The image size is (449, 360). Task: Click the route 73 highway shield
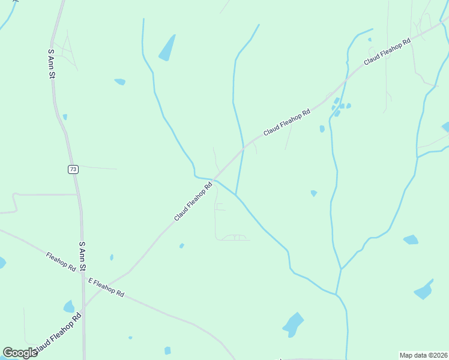click(73, 170)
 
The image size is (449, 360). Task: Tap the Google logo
click(20, 352)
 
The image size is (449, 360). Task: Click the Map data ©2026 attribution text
click(423, 355)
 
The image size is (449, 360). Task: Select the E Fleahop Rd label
click(106, 287)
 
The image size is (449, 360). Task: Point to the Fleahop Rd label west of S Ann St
click(61, 261)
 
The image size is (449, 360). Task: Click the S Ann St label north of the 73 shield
click(52, 64)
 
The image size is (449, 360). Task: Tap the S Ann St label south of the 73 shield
click(83, 257)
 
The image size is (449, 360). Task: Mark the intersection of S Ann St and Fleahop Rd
click(82, 273)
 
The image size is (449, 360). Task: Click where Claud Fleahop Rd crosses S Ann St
click(83, 307)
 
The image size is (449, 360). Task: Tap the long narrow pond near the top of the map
click(167, 48)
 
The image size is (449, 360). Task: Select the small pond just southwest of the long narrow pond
click(120, 82)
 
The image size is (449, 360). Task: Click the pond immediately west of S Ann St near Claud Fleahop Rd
click(69, 307)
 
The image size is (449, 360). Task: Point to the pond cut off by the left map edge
click(2, 263)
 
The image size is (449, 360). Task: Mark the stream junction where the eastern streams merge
click(340, 269)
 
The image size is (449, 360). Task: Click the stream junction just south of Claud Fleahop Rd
click(237, 196)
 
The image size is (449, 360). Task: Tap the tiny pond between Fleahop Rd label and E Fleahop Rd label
click(112, 257)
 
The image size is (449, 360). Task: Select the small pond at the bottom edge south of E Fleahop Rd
click(167, 350)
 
